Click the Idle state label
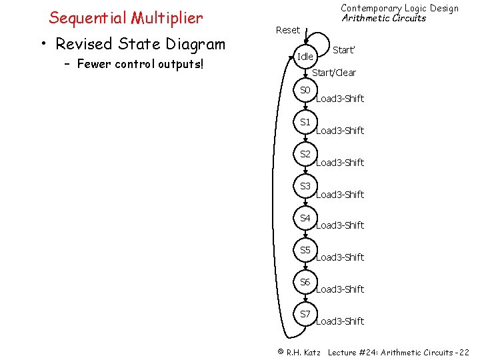click(x=305, y=57)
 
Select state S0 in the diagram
click(x=305, y=90)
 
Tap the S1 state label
click(x=305, y=122)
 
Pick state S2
click(x=305, y=154)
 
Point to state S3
click(x=305, y=186)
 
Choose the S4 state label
click(x=305, y=218)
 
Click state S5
click(x=305, y=250)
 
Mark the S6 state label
click(x=305, y=282)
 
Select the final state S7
click(x=305, y=313)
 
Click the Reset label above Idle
click(x=287, y=30)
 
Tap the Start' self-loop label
click(x=343, y=50)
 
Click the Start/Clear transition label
click(x=334, y=72)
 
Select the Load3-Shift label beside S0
click(x=340, y=99)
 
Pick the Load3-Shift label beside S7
click(x=340, y=321)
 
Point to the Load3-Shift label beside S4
click(x=340, y=225)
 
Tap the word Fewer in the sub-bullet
click(x=96, y=65)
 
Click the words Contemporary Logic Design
click(x=400, y=8)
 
